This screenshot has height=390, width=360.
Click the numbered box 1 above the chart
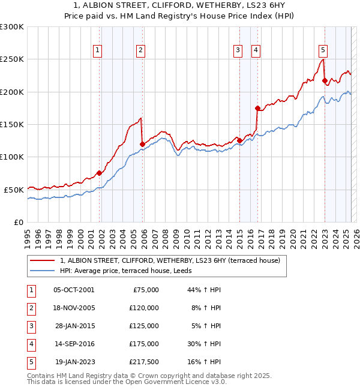click(x=98, y=50)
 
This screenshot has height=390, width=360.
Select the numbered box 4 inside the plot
click(x=256, y=50)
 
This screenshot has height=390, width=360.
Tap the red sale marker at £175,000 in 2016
click(x=257, y=109)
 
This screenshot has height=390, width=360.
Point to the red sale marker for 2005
click(x=142, y=144)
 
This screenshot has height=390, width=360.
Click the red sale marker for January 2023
click(x=325, y=80)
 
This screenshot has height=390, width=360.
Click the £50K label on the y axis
click(x=14, y=190)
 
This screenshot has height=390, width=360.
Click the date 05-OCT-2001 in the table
click(x=73, y=290)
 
